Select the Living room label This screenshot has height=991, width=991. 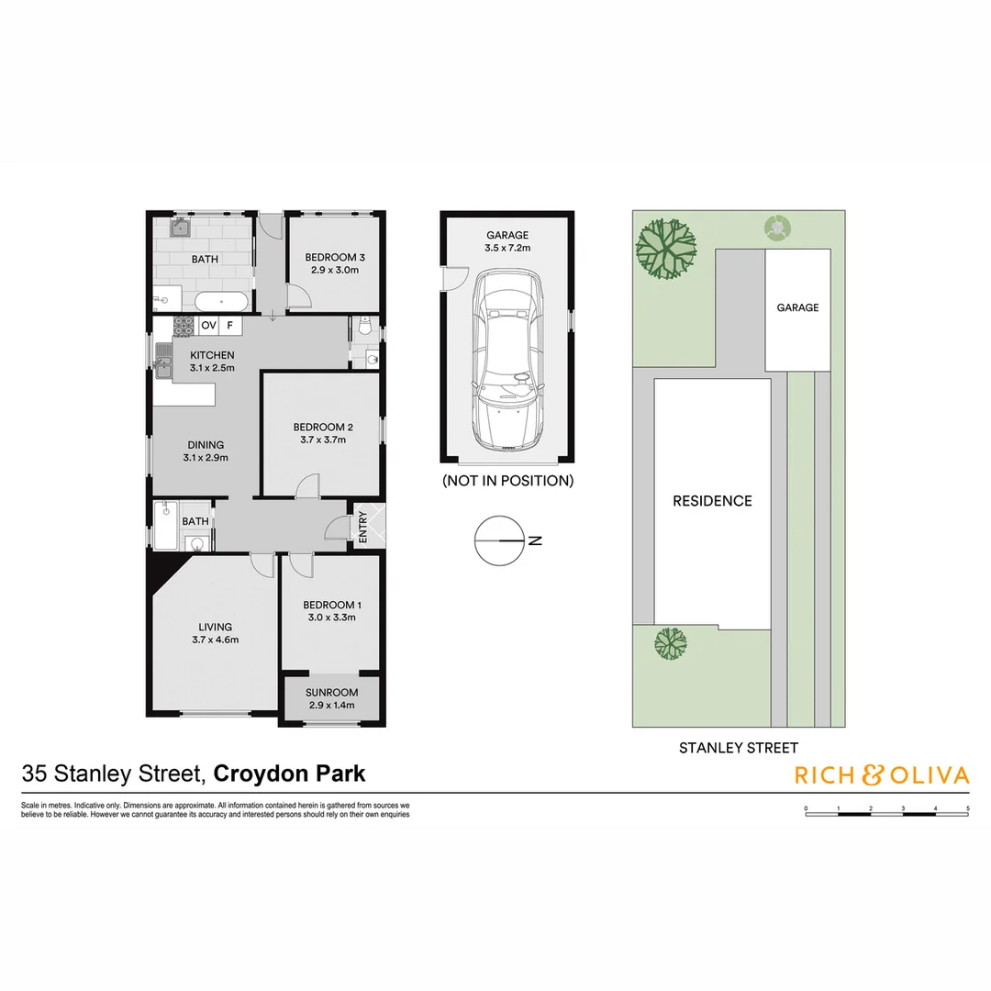click(x=215, y=627)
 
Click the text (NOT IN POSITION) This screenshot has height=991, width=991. click(x=507, y=480)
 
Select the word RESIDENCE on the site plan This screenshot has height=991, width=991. click(x=712, y=501)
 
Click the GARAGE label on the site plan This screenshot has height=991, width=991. click(x=797, y=307)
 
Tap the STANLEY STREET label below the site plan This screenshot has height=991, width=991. click(x=738, y=748)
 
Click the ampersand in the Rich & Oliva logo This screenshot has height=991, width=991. click(x=871, y=775)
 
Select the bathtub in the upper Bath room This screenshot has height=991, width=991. click(x=220, y=299)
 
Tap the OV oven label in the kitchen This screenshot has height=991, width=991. click(x=208, y=325)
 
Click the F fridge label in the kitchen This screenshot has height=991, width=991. click(x=230, y=325)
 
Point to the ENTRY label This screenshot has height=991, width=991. click(x=362, y=527)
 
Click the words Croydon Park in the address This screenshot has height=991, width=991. click(x=289, y=774)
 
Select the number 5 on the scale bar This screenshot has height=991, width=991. click(x=967, y=808)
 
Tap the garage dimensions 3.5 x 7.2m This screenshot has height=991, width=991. click(x=507, y=248)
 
